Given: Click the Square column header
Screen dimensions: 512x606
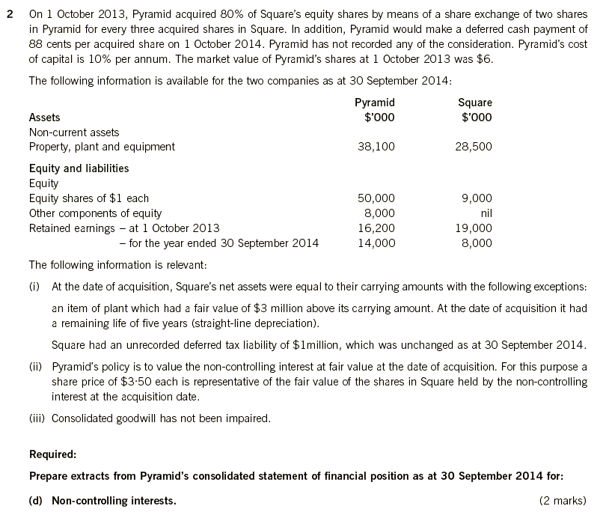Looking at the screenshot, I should pos(477,103).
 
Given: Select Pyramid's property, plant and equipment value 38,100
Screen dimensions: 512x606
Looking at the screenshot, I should pos(376,147).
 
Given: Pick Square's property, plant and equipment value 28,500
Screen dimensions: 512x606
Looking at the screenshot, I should pos(474,147).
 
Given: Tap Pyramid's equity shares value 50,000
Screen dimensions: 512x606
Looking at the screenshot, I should pos(376,198).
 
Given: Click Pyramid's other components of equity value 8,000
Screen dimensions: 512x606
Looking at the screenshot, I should pos(379,213).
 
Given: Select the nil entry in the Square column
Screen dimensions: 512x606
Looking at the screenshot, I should pos(485,213).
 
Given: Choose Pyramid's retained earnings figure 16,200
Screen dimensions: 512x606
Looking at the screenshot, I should pos(376,228).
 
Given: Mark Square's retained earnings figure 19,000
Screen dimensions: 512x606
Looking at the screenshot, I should pos(474,228).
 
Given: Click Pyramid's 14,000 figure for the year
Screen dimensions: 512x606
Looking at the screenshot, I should pos(376,243).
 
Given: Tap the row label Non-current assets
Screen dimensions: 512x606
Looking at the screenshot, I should pos(73,132).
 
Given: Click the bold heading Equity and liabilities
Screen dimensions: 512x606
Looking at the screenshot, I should pos(79,168).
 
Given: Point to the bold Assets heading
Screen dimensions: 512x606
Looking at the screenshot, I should pos(44,118).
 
